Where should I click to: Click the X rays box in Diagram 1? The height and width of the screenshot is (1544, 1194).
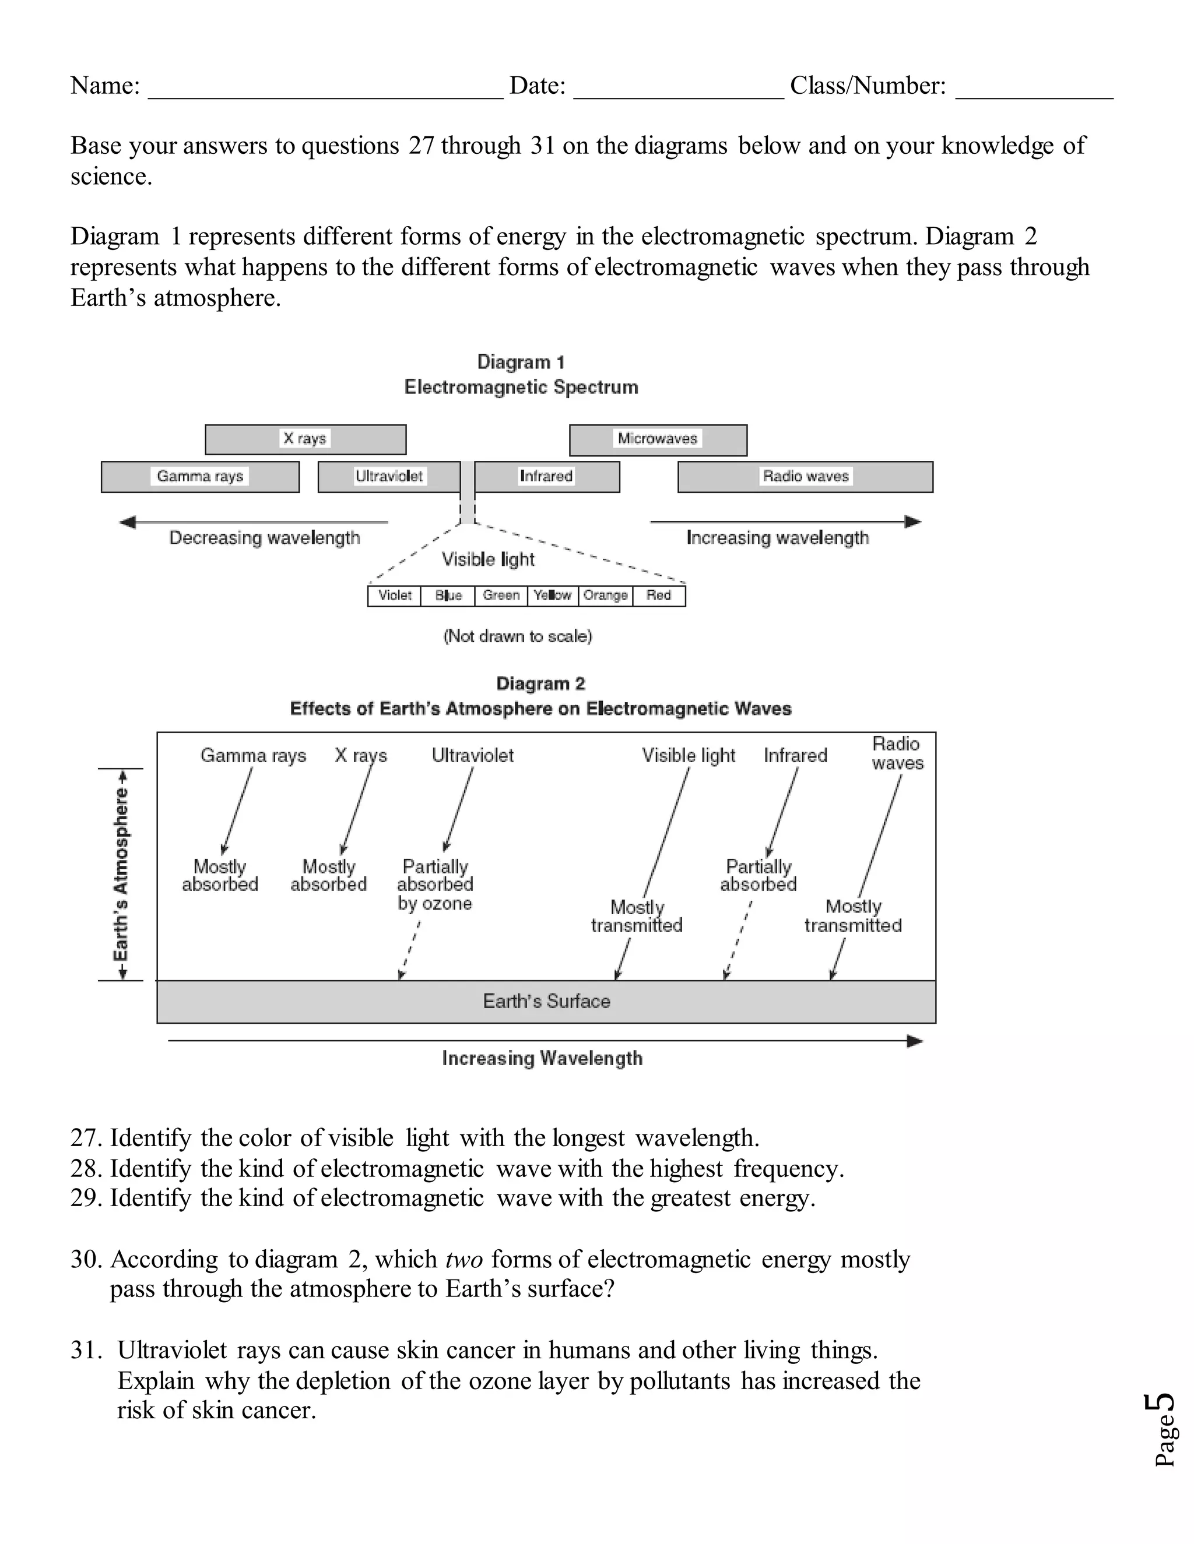click(305, 439)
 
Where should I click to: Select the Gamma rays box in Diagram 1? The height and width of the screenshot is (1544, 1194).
click(199, 477)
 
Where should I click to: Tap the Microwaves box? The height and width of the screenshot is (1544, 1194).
click(657, 439)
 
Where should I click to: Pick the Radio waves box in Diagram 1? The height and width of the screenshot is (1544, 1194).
click(805, 477)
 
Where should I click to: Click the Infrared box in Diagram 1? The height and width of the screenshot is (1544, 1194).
click(546, 477)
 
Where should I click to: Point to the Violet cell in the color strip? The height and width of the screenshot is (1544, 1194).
click(394, 596)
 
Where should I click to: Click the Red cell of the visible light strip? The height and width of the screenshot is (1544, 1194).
click(659, 596)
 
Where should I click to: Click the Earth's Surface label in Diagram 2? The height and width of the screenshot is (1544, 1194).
click(546, 1001)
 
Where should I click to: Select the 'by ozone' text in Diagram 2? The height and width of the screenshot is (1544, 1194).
click(434, 904)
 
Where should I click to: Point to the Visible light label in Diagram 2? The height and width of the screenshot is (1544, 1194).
click(689, 756)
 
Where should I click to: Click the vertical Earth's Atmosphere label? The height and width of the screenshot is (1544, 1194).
click(122, 874)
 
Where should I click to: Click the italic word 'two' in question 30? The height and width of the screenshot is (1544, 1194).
click(464, 1260)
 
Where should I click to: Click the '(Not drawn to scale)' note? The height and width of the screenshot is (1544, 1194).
click(518, 636)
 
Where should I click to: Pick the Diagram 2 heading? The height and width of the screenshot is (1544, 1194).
click(540, 683)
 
